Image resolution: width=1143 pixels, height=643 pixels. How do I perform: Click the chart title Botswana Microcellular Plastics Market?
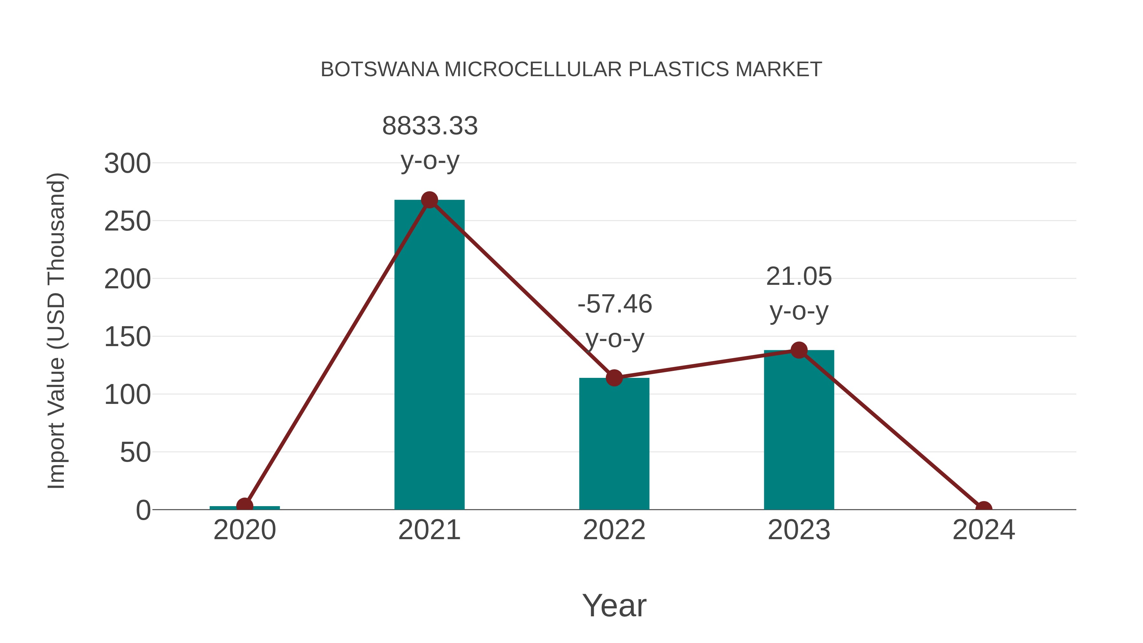tap(571, 70)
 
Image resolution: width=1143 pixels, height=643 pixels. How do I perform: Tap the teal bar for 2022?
tap(614, 444)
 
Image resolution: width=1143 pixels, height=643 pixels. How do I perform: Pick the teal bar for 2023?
tap(799, 431)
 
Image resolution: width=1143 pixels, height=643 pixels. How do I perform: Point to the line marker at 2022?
tap(614, 378)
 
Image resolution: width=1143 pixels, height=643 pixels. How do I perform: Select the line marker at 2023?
tap(799, 350)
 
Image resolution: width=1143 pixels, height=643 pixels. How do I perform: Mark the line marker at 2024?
tap(984, 509)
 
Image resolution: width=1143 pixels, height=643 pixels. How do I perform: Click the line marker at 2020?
tap(244, 506)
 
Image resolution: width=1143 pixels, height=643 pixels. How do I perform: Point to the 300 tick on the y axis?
tap(127, 164)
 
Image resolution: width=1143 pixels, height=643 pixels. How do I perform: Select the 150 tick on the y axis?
tap(127, 337)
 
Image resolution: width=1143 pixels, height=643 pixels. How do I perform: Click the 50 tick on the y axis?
tap(135, 453)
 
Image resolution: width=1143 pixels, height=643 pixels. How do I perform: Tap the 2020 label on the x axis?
tap(244, 530)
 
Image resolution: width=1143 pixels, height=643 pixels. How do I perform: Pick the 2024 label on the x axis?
tap(984, 530)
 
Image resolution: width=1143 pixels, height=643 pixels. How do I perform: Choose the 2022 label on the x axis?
tap(614, 530)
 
